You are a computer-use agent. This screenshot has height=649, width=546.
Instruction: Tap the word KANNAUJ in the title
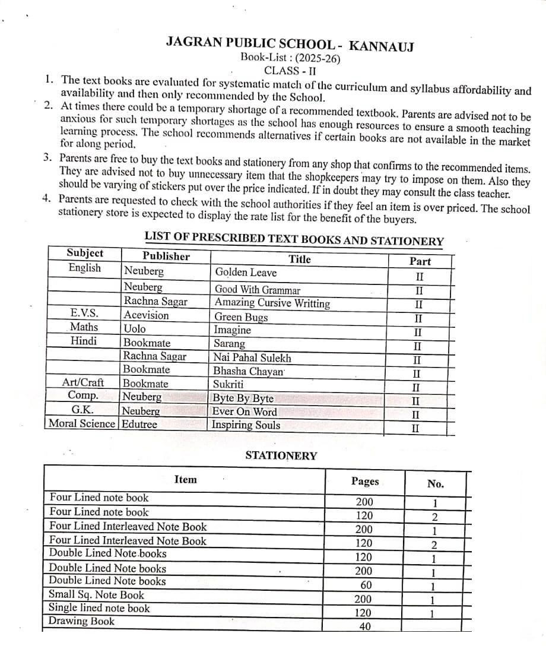[x=381, y=46]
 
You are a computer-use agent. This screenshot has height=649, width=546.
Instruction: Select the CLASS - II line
[x=290, y=70]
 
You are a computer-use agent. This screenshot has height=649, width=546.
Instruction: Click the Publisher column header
[x=166, y=256]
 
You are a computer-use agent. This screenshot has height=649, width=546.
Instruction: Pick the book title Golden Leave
[x=246, y=273]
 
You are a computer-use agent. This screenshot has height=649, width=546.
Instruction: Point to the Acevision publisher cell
[x=146, y=315]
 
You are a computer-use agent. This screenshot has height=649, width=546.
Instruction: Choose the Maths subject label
[x=84, y=327]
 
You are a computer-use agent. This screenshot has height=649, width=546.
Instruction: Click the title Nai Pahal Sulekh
[x=252, y=358]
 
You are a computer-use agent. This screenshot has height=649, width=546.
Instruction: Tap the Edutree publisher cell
[x=139, y=424]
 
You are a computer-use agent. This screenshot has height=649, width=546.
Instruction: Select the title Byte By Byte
[x=243, y=398]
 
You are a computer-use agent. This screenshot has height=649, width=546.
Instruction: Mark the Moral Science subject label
[x=82, y=423]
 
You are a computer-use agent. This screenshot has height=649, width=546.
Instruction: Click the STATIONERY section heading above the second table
[x=281, y=456]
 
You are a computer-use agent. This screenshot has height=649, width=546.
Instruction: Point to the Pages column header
[x=364, y=482]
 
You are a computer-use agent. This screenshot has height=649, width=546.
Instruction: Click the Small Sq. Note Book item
[x=96, y=595]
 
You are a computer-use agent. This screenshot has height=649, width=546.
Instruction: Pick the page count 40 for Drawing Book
[x=364, y=627]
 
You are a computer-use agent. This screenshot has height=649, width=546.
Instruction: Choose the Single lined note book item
[x=99, y=608]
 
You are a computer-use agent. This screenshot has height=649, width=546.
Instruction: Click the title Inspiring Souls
[x=246, y=425]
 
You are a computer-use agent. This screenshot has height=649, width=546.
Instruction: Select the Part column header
[x=420, y=261]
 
